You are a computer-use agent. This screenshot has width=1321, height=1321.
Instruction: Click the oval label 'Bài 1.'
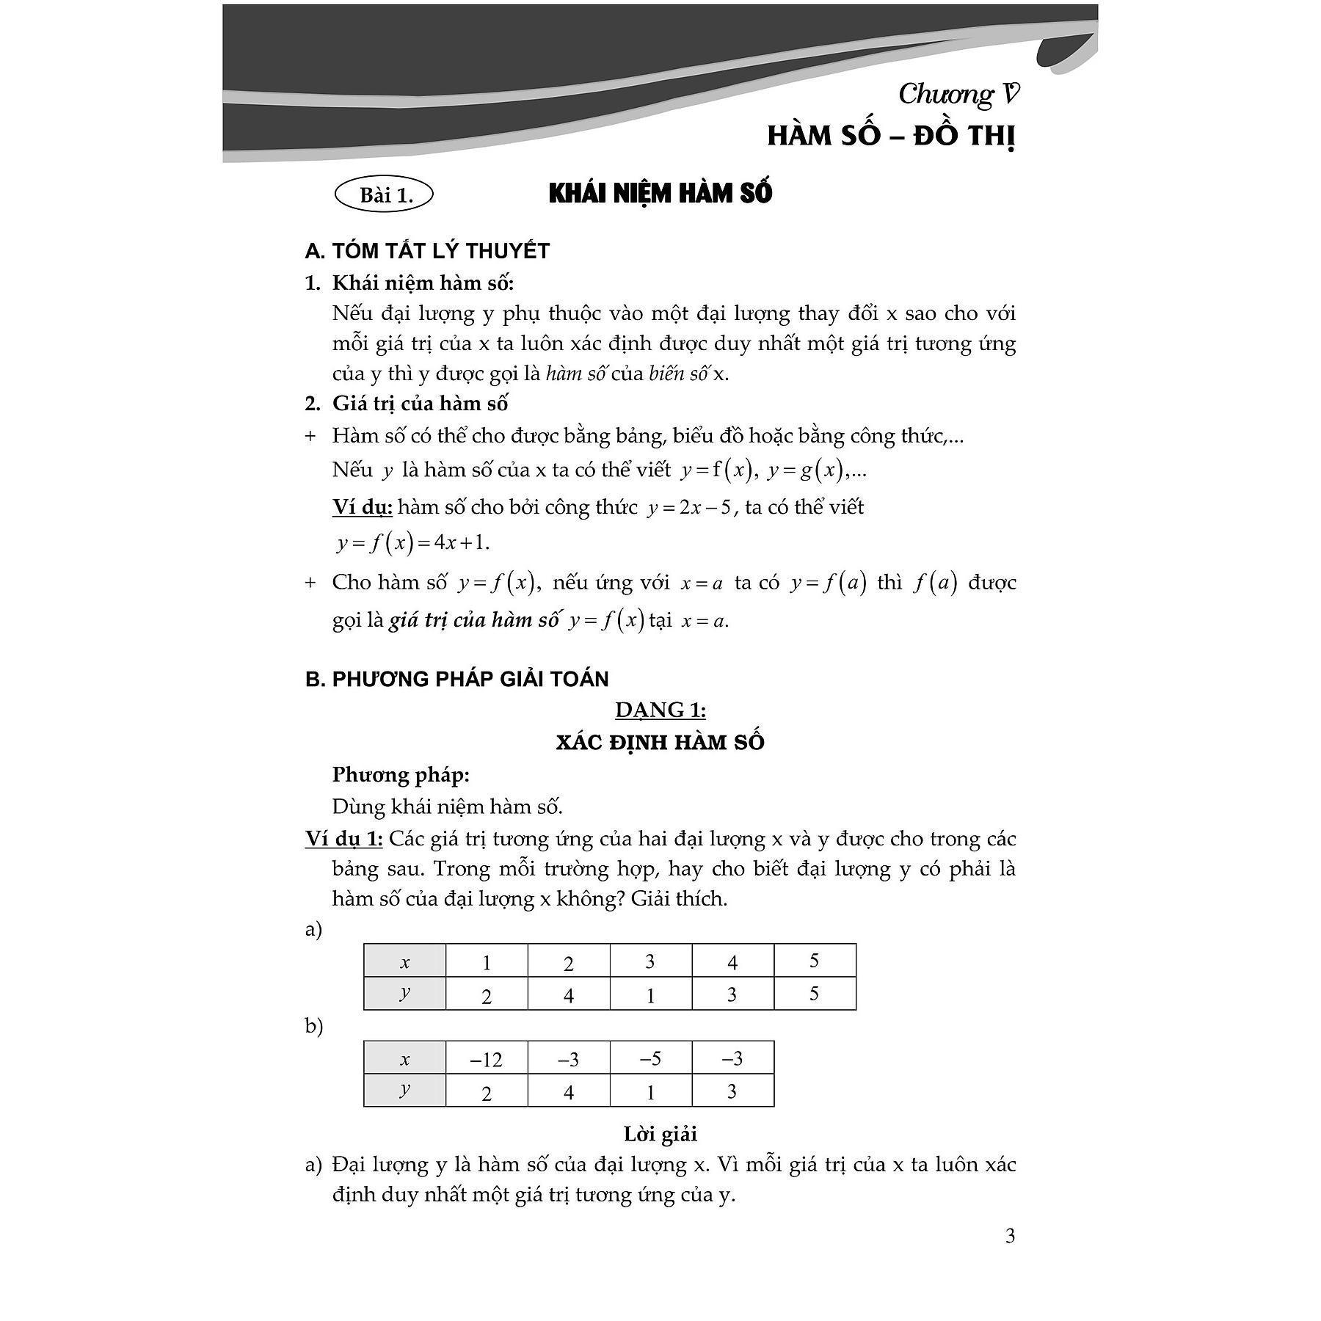point(384,195)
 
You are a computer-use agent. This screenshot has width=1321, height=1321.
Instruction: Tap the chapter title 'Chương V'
point(958,95)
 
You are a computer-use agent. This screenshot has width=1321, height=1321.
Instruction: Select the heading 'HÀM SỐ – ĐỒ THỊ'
point(891,137)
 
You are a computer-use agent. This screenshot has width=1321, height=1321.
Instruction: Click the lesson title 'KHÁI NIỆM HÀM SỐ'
point(660,194)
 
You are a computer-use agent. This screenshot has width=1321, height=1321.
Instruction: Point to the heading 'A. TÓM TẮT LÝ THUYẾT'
point(427,251)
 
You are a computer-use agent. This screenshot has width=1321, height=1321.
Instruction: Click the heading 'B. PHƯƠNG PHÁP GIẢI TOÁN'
point(456,679)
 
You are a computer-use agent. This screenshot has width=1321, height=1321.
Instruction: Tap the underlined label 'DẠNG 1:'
point(660,710)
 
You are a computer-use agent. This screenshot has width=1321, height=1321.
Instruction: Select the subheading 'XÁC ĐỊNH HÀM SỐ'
point(660,742)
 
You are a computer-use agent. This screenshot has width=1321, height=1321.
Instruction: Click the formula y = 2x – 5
point(689,508)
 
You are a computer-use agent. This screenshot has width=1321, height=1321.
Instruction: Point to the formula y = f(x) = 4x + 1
point(413,543)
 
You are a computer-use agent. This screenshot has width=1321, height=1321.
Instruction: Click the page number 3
point(1010,1236)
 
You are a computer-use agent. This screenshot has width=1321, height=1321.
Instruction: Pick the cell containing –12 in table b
point(487,1059)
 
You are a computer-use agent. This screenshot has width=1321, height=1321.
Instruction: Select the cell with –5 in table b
point(650,1058)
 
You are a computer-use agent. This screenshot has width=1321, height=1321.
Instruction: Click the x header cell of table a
point(405,962)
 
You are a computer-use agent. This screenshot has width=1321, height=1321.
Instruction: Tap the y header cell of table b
point(405,1090)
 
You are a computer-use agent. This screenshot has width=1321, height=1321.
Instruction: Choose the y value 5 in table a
point(814,994)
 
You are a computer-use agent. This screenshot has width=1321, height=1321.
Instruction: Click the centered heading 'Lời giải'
point(660,1134)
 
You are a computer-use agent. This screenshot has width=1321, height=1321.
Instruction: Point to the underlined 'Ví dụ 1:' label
point(344,839)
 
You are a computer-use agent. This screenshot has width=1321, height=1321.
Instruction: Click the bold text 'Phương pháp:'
point(401,774)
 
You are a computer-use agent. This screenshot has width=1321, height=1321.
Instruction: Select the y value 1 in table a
point(650,994)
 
